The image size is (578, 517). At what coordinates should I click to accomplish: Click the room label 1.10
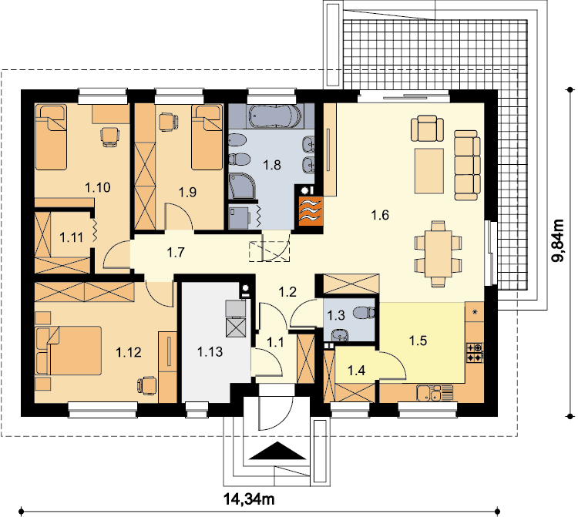click(98, 187)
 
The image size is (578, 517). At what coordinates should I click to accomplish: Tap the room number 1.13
click(210, 352)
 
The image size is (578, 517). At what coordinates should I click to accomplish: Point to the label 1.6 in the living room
click(380, 215)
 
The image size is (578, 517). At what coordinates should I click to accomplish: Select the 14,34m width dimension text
click(249, 499)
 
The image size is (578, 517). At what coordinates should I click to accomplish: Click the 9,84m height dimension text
click(558, 240)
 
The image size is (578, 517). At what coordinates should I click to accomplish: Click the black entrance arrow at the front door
click(278, 452)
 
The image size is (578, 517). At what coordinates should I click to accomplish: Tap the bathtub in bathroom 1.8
click(275, 116)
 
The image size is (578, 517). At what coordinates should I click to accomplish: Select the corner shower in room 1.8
click(242, 186)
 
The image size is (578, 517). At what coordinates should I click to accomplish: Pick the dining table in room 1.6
click(439, 253)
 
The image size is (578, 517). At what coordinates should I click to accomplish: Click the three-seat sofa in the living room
click(467, 165)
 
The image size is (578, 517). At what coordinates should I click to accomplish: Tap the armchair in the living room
click(427, 128)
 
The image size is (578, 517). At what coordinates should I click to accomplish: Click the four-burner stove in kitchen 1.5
click(475, 353)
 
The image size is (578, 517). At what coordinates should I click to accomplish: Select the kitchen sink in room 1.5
click(434, 393)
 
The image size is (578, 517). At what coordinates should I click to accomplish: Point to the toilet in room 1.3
click(364, 313)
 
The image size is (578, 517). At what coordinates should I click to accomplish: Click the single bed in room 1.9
click(207, 137)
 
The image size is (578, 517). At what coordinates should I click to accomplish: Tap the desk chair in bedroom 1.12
click(147, 386)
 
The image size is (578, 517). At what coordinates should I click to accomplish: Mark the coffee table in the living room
click(429, 171)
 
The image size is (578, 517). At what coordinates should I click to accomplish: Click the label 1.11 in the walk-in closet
click(72, 237)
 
